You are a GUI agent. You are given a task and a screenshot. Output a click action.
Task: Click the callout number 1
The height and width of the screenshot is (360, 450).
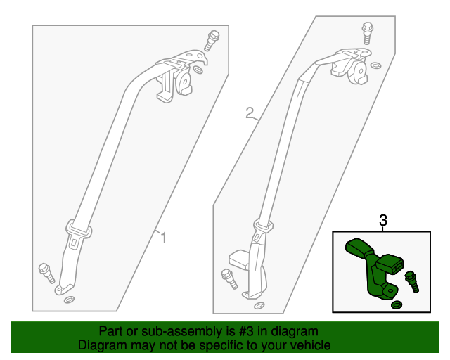tap(163, 238)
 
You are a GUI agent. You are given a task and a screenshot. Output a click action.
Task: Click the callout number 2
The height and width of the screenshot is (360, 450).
tap(250, 112)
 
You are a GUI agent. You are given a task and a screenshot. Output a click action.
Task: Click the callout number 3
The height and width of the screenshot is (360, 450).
tap(383, 221)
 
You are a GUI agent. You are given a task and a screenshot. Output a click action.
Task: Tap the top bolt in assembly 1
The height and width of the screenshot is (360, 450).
tap(212, 41)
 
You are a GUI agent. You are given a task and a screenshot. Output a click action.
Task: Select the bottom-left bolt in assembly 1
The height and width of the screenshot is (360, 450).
tap(46, 273)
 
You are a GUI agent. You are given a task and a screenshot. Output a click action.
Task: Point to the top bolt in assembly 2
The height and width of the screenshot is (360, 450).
tap(367, 33)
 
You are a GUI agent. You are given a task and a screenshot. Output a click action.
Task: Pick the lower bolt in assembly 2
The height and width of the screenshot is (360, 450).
tap(229, 278)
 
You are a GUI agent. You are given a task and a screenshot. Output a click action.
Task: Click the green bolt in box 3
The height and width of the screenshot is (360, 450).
tap(412, 282)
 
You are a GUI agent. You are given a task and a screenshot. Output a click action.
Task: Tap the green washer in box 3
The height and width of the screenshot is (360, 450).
tap(397, 305)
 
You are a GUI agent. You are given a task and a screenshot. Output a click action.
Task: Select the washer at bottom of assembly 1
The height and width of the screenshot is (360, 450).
tap(69, 300)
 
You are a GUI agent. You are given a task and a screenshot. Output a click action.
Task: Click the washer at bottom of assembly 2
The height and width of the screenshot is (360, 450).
tap(259, 305)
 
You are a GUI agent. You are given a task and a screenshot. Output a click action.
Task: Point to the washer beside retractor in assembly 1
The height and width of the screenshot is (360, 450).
tap(198, 70)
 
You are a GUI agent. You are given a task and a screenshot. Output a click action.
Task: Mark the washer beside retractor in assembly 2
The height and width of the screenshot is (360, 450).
tap(375, 65)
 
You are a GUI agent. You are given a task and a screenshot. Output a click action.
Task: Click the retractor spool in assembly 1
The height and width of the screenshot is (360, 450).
tap(184, 82)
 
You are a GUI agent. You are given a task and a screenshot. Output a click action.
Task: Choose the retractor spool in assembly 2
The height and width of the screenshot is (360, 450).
tap(359, 72)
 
